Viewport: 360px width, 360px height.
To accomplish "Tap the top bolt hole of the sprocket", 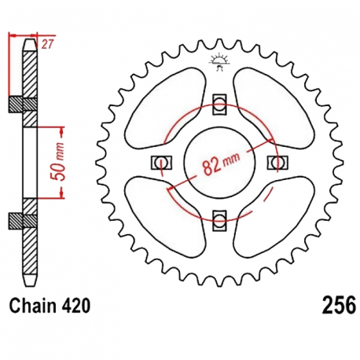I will pyautogui.click(x=219, y=103).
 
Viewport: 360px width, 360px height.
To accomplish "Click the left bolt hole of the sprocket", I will pyautogui.click(x=161, y=163).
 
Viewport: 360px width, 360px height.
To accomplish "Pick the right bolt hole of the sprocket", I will pyautogui.click(x=277, y=163).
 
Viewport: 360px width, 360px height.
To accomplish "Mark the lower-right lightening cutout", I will pyautogui.click(x=274, y=218).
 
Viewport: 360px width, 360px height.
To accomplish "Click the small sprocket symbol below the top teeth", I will pyautogui.click(x=219, y=61).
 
